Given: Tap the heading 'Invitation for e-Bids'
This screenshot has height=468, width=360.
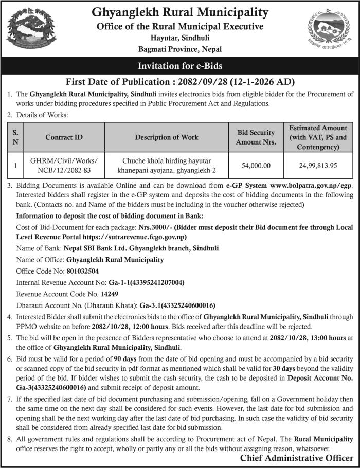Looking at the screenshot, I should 180,66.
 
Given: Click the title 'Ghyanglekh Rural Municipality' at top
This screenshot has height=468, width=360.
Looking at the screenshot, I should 180,12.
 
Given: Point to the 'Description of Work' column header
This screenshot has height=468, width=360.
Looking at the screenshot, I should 167,137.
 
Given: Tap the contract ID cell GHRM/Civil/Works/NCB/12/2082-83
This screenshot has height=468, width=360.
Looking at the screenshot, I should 64,166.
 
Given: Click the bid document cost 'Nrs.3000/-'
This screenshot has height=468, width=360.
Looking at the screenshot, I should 154,226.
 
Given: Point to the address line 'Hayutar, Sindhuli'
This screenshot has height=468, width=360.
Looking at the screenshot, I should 180,38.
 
